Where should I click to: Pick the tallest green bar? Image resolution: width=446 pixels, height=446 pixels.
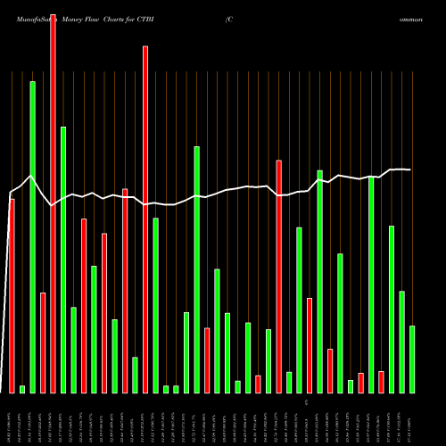(32, 236)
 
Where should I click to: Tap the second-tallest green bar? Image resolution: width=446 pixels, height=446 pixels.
(63, 260)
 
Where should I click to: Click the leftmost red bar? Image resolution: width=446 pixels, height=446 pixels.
(12, 295)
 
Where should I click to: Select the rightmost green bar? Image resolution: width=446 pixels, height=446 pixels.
(412, 359)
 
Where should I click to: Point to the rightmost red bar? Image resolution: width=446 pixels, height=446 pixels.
(381, 382)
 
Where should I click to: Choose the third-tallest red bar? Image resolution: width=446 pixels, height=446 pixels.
(278, 277)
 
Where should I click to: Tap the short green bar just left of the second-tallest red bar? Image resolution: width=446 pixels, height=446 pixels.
(135, 375)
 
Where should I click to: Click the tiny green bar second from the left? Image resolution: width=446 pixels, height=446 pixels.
(22, 389)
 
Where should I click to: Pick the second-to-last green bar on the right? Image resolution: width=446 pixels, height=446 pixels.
(401, 342)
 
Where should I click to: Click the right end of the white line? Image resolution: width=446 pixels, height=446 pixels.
(410, 169)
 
